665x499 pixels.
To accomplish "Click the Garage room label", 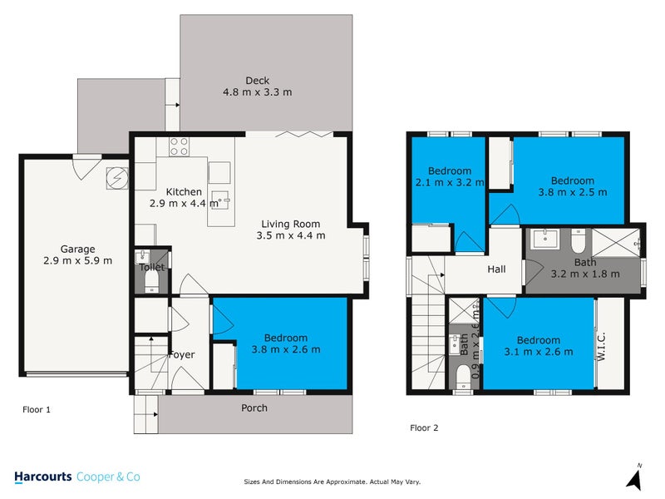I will point(77,249).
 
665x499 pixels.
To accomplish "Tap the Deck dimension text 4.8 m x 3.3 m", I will point(257,92).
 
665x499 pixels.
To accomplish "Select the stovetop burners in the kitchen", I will point(179,146).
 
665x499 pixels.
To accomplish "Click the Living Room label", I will point(290,224).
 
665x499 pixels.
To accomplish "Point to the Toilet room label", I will point(152,267).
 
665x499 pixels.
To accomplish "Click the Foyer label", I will point(181,355).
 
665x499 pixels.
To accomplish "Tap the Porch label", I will point(254,408).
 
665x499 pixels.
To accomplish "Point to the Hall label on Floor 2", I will point(496,269).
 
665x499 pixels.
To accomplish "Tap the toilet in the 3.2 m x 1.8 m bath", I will point(580,243).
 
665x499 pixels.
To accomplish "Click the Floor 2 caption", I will point(424,428).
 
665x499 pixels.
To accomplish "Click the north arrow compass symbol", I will point(635,477).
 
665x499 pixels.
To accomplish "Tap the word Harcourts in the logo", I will point(43,477).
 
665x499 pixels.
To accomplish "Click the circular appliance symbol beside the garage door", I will point(117,178).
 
